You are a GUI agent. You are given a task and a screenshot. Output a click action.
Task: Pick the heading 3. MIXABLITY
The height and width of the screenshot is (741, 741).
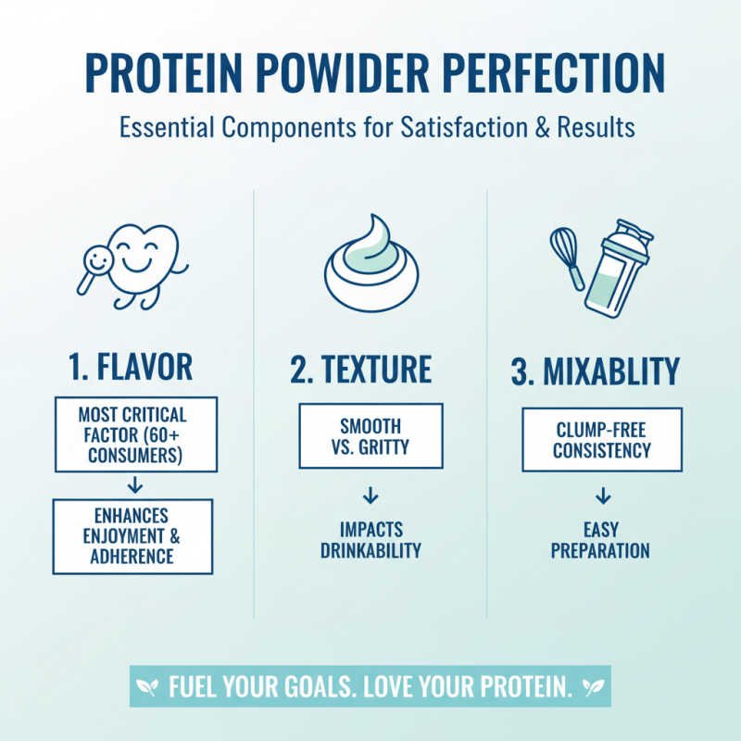pos(595,370)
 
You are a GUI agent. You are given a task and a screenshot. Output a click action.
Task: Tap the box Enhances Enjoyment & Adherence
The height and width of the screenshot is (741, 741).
pos(132,535)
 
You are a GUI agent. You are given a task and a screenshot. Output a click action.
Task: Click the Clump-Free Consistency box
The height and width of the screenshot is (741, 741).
pos(602,440)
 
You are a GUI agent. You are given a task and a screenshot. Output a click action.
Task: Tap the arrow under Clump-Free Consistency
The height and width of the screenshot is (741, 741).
pos(602,495)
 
